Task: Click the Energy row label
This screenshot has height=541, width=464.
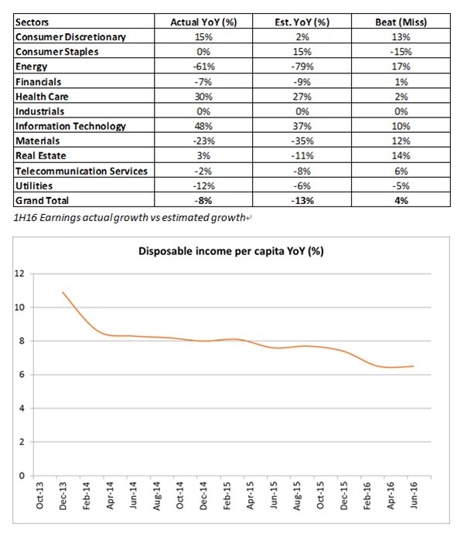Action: (x=32, y=66)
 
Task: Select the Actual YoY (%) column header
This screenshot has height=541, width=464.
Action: (x=202, y=22)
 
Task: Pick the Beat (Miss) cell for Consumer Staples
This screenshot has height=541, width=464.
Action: (x=402, y=52)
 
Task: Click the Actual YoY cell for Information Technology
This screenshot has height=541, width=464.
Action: (x=202, y=125)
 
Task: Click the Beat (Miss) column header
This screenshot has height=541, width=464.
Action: (x=402, y=22)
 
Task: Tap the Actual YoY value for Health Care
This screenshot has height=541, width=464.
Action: (x=202, y=96)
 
